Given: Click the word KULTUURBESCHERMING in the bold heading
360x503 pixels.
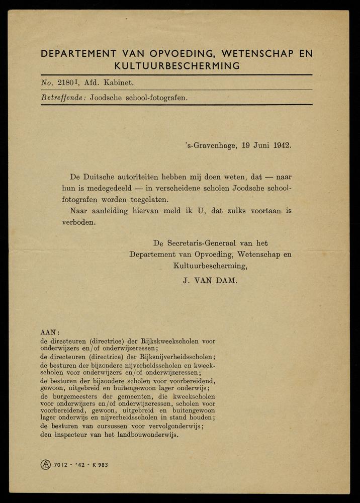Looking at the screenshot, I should point(177,66).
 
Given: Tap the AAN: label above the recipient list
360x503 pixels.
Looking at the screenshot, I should point(50,332).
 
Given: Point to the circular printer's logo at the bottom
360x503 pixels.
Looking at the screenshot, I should point(46,464).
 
